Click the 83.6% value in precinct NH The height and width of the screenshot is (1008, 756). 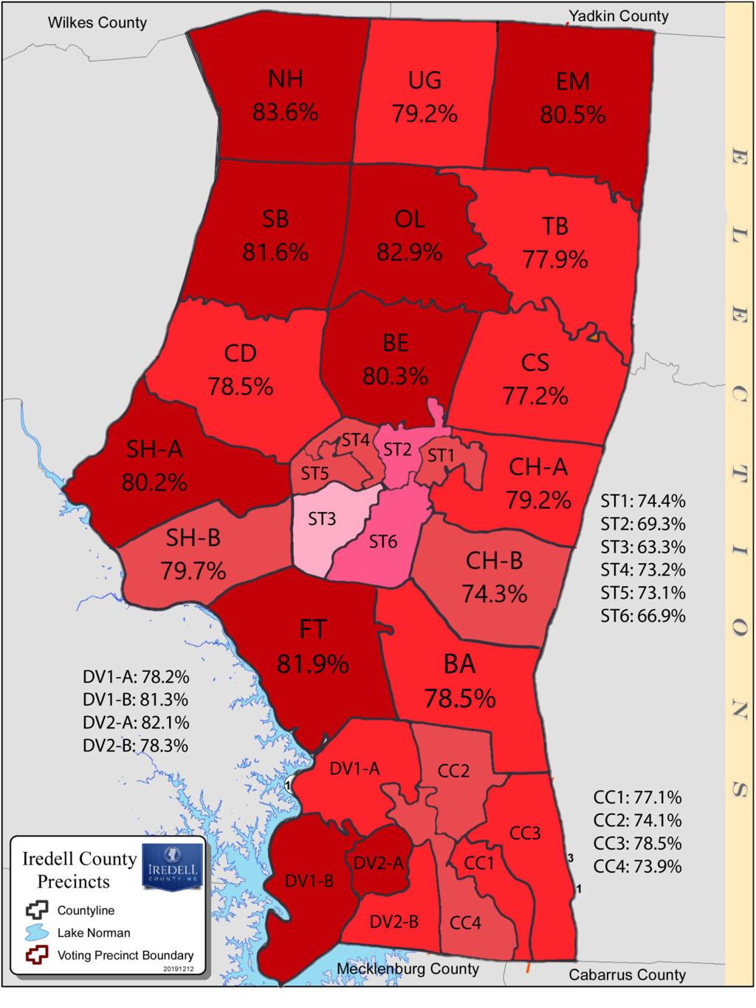click(x=285, y=112)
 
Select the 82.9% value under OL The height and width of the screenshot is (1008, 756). click(x=409, y=252)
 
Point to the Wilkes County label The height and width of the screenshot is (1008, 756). click(x=97, y=23)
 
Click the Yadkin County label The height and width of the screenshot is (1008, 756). click(x=618, y=16)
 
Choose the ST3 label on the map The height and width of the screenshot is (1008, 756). click(x=322, y=519)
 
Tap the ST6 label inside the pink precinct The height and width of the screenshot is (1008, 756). click(x=383, y=542)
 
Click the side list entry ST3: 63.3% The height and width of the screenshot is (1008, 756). click(x=642, y=547)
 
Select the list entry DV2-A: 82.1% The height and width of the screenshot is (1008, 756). click(x=136, y=722)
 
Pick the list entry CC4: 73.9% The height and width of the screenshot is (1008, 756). click(x=637, y=866)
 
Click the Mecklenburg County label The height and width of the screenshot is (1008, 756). click(x=408, y=969)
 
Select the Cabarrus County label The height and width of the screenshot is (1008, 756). click(x=627, y=975)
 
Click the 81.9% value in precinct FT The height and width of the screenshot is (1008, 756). click(x=312, y=664)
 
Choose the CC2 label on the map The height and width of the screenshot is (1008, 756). click(x=453, y=771)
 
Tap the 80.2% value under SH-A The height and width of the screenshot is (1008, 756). click(x=154, y=483)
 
